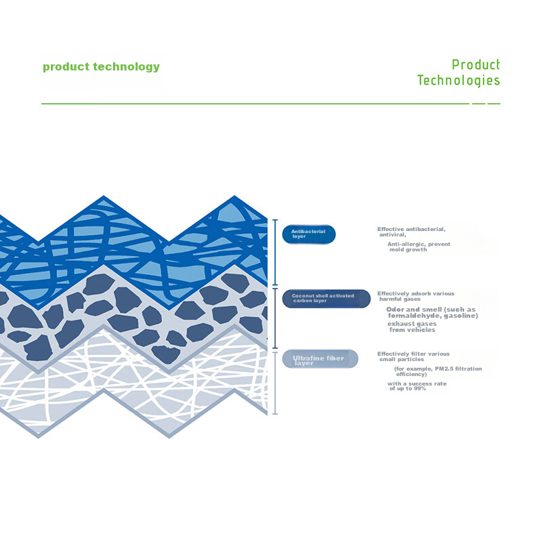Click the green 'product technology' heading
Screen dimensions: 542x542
[101, 66]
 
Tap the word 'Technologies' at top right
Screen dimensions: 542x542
[459, 81]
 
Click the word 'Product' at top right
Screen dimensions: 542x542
[476, 64]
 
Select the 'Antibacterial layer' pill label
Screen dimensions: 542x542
[309, 234]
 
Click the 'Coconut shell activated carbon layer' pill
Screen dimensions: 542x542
[326, 298]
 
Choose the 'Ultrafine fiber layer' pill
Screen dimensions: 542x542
[320, 359]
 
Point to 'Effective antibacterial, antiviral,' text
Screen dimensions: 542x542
[411, 232]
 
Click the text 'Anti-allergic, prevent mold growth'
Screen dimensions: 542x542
[419, 247]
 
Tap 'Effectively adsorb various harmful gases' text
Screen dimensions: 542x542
[416, 296]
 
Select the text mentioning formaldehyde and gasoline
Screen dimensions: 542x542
[432, 312]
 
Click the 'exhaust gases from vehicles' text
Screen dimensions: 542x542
[412, 327]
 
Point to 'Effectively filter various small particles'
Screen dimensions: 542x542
[413, 356]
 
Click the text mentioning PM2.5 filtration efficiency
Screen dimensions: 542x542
[438, 371]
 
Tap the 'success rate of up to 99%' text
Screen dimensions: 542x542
[417, 386]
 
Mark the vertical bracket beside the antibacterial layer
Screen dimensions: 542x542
[275, 252]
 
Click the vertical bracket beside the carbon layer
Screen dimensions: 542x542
[275, 318]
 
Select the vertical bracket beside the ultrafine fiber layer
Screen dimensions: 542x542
[275, 383]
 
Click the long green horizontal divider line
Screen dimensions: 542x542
[255, 104]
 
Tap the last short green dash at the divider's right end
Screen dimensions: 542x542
[494, 104]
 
